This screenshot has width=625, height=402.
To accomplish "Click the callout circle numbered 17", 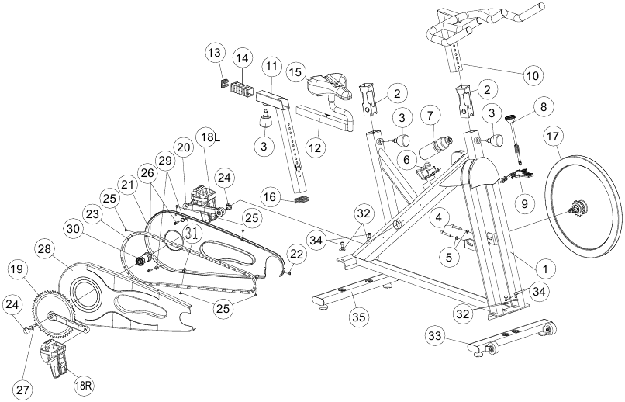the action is pos(552,137).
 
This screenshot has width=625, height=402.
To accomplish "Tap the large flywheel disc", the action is pos(583,207).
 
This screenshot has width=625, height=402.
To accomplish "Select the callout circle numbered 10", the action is pos(533,75).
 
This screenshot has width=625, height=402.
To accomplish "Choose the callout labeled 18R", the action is pos(84,386).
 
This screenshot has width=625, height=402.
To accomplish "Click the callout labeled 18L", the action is pos(210,137).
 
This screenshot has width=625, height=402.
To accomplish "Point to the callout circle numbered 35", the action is pos(358,317).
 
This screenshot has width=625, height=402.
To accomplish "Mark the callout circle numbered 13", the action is pos(215,53).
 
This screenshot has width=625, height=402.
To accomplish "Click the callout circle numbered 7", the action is pos(430,116).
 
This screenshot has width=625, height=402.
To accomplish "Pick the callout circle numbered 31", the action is pos(192,234).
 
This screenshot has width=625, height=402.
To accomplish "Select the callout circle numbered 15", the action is pos(296,72).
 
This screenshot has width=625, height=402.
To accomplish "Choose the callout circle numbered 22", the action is pos(296,254).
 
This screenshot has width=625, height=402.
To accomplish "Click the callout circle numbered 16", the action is pos(270,197).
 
